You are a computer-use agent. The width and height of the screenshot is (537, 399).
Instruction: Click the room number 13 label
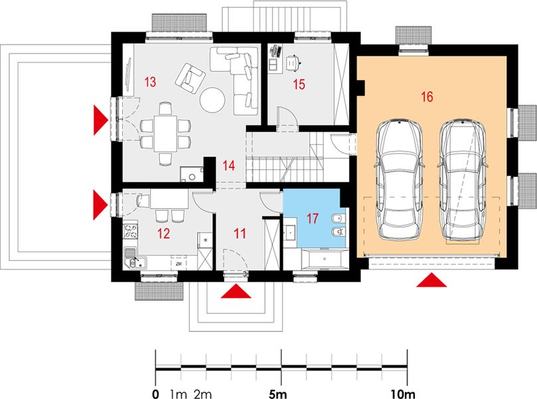150,82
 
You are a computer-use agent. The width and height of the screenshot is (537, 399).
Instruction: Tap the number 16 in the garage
427,96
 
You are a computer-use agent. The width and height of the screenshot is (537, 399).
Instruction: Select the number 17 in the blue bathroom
312,219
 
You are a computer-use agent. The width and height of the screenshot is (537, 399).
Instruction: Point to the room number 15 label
299,84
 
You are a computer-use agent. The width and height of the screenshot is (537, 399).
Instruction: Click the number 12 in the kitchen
164,233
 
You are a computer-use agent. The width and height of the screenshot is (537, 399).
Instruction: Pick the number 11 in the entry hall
240,233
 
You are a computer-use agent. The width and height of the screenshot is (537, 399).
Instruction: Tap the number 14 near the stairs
229,166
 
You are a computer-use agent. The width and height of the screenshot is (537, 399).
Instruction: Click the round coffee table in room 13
212,100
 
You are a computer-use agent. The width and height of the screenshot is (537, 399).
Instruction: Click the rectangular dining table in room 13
165,134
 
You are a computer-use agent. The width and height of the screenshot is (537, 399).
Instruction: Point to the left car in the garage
400,180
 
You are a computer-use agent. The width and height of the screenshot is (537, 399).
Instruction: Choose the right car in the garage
462,180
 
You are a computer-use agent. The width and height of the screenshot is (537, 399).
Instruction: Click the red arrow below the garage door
431,280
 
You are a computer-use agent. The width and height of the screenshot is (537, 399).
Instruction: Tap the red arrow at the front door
236,291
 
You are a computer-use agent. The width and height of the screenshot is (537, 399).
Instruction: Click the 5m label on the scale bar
277,394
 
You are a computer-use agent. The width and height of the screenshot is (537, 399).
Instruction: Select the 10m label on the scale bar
404,394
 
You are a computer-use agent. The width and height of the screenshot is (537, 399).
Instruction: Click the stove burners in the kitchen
130,231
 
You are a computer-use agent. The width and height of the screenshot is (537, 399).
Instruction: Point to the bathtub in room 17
325,259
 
